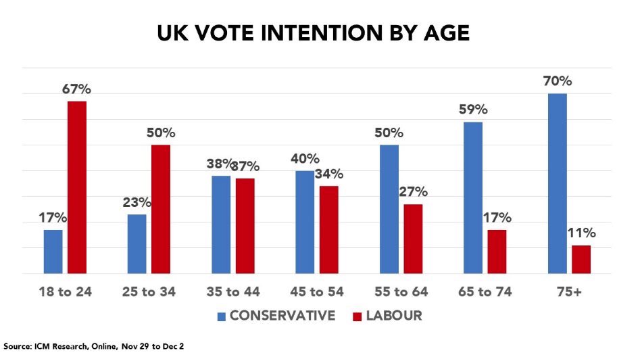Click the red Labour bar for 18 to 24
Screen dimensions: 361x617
[x=76, y=187]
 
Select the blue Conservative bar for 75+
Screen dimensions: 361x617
[x=557, y=183]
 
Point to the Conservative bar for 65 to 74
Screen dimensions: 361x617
[x=473, y=197]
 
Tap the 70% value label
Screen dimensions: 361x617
[x=557, y=82]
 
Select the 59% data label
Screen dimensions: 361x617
[x=473, y=110]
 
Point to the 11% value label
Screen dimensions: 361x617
[x=581, y=233]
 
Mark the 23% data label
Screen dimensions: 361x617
[x=137, y=202]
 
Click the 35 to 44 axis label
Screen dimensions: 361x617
[x=233, y=292]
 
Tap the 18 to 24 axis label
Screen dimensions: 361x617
[x=65, y=292]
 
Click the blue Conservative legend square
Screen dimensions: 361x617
[x=221, y=316]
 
